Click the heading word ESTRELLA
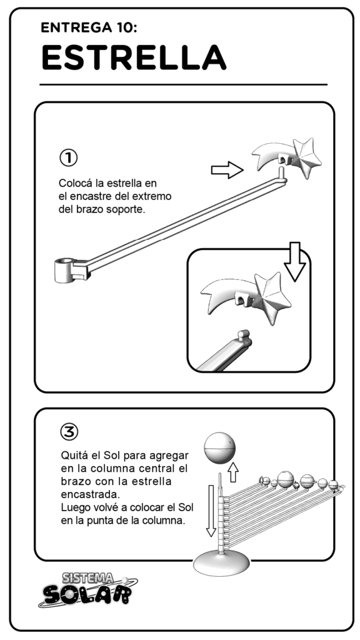click(x=134, y=57)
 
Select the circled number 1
click(x=68, y=157)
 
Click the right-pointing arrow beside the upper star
click(x=227, y=170)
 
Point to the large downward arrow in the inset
click(x=295, y=261)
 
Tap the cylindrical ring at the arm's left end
click(x=65, y=269)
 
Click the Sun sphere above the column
click(x=219, y=448)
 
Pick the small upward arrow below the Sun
click(x=232, y=472)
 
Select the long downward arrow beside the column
click(x=211, y=510)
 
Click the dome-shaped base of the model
click(x=221, y=564)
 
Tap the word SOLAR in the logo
click(x=87, y=594)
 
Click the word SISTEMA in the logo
click(x=88, y=577)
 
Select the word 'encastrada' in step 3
click(x=89, y=495)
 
